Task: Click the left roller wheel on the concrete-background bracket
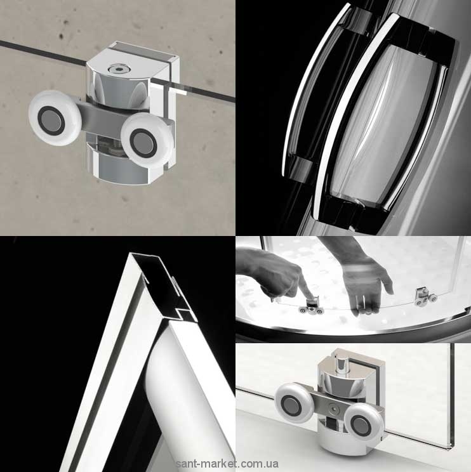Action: (55, 118)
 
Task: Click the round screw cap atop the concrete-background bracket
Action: (117, 69)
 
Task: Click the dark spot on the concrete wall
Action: (62, 37)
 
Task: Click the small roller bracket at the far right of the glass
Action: (425, 298)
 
